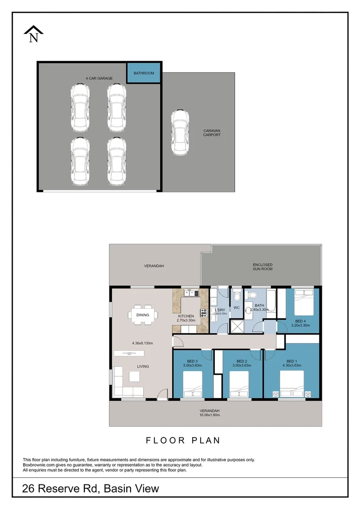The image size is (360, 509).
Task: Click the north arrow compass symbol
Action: click(33, 34)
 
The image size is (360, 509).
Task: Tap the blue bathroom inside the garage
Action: click(144, 74)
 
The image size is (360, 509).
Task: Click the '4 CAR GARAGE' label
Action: click(98, 78)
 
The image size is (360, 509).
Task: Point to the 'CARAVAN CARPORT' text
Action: click(212, 133)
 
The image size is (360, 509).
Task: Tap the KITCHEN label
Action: click(186, 316)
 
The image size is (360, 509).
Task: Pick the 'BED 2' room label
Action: click(242, 361)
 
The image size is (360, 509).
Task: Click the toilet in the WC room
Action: click(237, 296)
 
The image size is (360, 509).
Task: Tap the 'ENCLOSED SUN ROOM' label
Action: click(262, 267)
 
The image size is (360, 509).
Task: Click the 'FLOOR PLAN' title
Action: click(183, 441)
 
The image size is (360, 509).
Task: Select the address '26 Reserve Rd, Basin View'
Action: click(90, 489)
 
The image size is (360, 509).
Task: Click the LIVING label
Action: click(143, 366)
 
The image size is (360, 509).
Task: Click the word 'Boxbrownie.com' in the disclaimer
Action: click(36, 465)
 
